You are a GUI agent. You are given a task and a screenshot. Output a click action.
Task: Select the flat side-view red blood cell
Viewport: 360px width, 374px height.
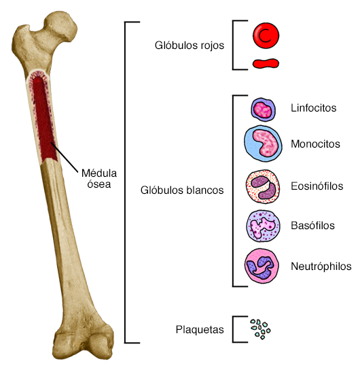265,65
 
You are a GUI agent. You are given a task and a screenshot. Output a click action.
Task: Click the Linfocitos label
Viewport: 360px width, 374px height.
313,108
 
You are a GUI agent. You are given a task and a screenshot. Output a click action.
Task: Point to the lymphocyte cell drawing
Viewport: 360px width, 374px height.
262,109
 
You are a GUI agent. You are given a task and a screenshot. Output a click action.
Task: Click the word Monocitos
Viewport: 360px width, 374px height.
315,144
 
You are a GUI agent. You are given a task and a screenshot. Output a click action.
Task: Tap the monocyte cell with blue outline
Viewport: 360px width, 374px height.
262,143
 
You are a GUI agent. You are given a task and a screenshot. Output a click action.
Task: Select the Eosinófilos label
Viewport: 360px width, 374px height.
317,186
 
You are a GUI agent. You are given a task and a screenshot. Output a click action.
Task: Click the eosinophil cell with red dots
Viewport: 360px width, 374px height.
262,186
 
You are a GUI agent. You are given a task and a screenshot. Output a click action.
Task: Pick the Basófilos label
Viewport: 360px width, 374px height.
312,225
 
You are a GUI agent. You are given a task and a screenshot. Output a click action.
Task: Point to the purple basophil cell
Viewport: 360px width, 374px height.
262,225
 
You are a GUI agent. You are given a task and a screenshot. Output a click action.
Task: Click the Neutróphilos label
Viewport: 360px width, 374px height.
321,266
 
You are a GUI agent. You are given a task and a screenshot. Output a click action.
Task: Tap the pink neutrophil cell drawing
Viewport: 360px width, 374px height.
262,266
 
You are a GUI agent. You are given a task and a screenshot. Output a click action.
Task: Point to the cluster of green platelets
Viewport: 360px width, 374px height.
260,329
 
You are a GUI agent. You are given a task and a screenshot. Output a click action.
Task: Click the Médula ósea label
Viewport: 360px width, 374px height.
98,177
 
